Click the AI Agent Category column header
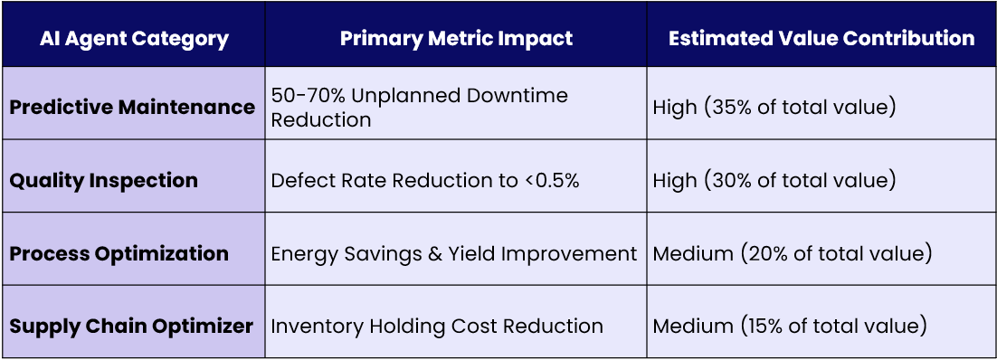[x=134, y=39]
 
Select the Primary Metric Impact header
[x=456, y=38]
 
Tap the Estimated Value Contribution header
[x=821, y=38]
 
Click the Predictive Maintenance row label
[x=132, y=107]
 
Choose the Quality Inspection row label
[x=104, y=181]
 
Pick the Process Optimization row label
[x=119, y=254]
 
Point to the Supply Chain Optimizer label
[x=131, y=327]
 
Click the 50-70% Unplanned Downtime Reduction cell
[x=419, y=108]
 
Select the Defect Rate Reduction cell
[x=425, y=181]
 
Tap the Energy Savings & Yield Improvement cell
[x=454, y=254]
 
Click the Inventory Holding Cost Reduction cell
[x=437, y=327]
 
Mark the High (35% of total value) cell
[x=774, y=108]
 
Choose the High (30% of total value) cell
[x=774, y=181]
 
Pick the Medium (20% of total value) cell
[x=793, y=254]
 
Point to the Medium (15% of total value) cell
[x=789, y=327]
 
